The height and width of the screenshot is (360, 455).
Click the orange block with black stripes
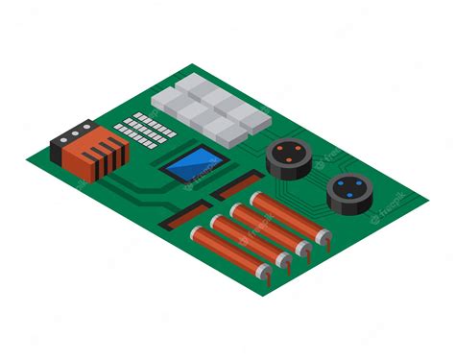[x=96, y=153]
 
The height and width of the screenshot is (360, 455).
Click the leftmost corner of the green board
[x=28, y=152]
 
